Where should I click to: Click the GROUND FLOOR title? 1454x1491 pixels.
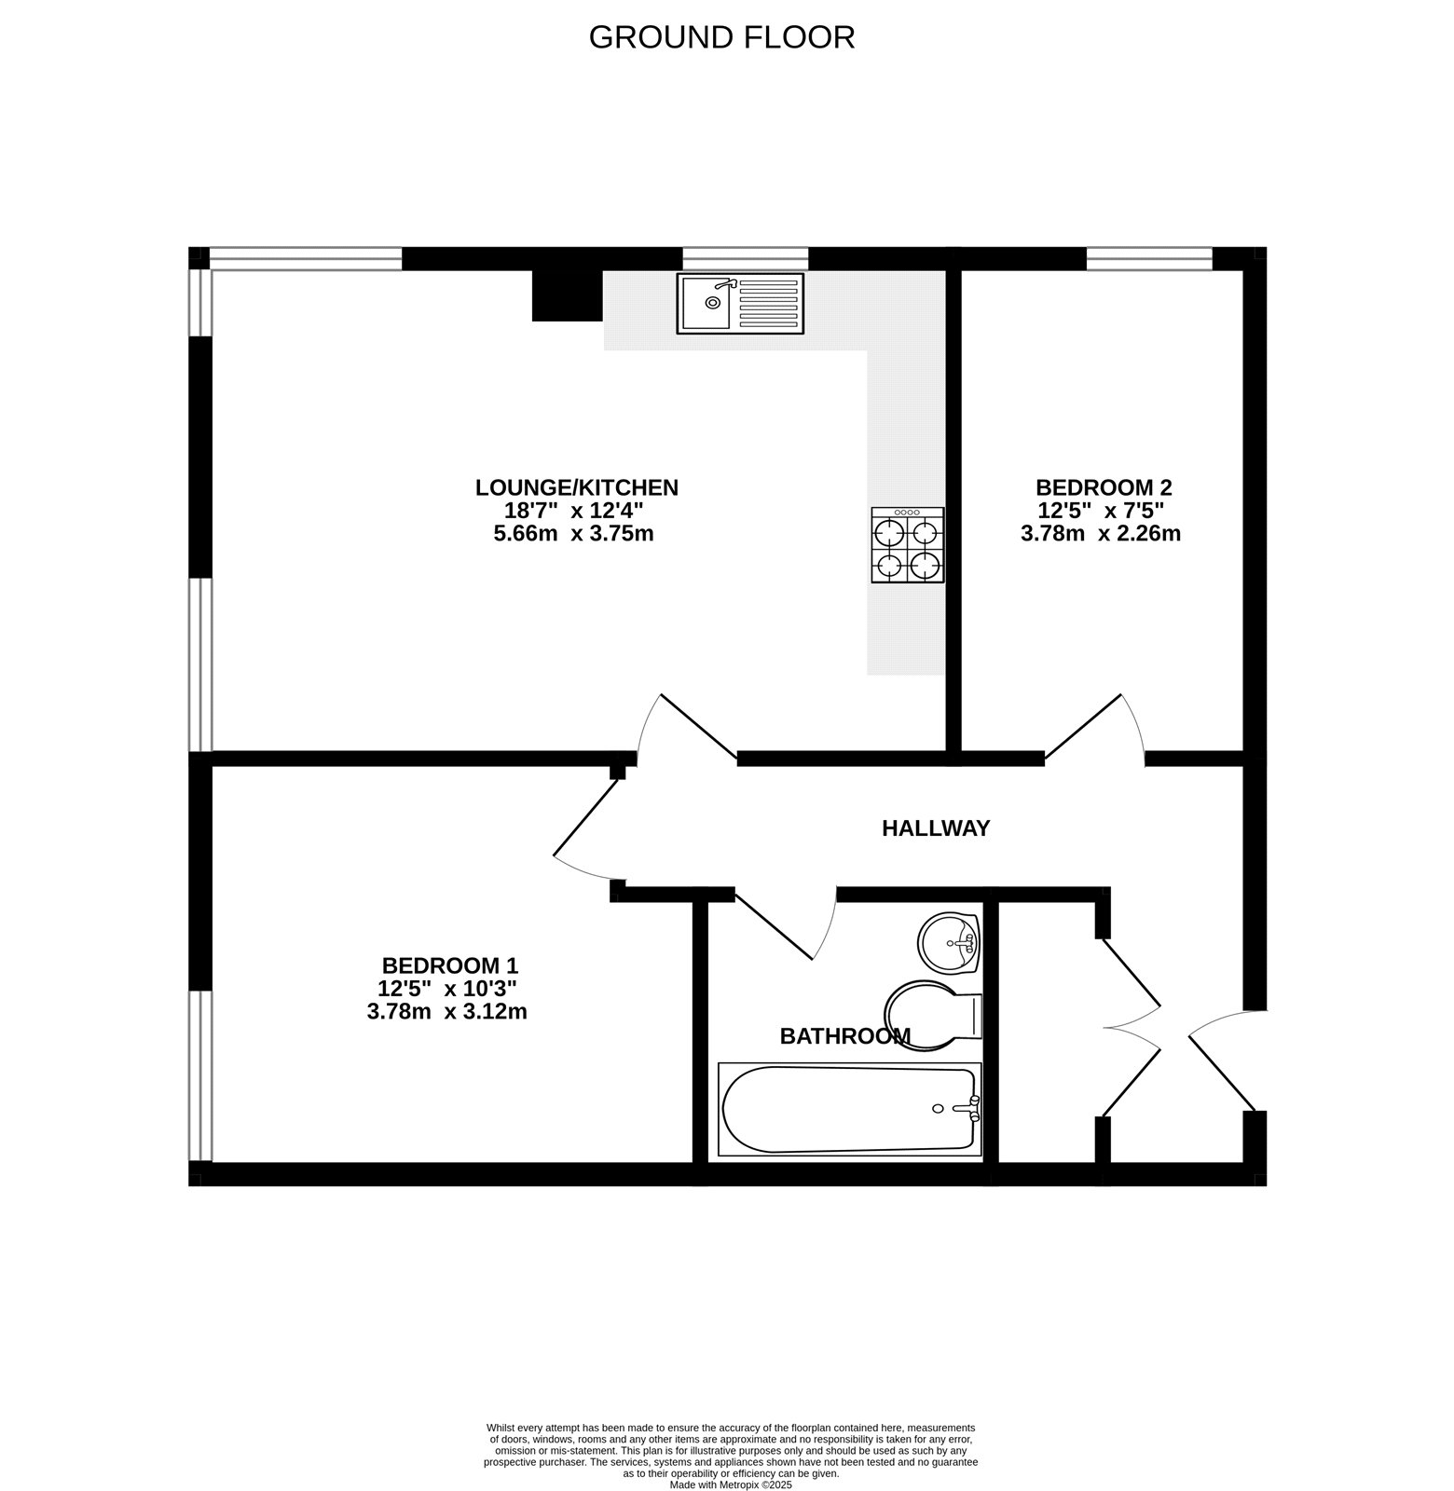pyautogui.click(x=721, y=37)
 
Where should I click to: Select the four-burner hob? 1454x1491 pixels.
pyautogui.click(x=907, y=545)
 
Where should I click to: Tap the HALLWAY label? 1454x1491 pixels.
pyautogui.click(x=935, y=828)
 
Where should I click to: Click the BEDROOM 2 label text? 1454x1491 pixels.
pyautogui.click(x=1103, y=487)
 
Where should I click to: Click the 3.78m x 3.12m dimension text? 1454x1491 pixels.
pyautogui.click(x=447, y=1012)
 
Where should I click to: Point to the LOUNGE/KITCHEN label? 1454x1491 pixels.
pyautogui.click(x=576, y=487)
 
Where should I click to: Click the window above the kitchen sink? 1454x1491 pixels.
pyautogui.click(x=745, y=258)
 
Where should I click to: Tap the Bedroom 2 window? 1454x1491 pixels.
pyautogui.click(x=1148, y=258)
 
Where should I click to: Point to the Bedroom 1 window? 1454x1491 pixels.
pyautogui.click(x=199, y=1076)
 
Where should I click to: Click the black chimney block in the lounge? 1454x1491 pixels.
pyautogui.click(x=567, y=295)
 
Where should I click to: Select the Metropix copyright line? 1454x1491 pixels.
pyautogui.click(x=730, y=1485)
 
